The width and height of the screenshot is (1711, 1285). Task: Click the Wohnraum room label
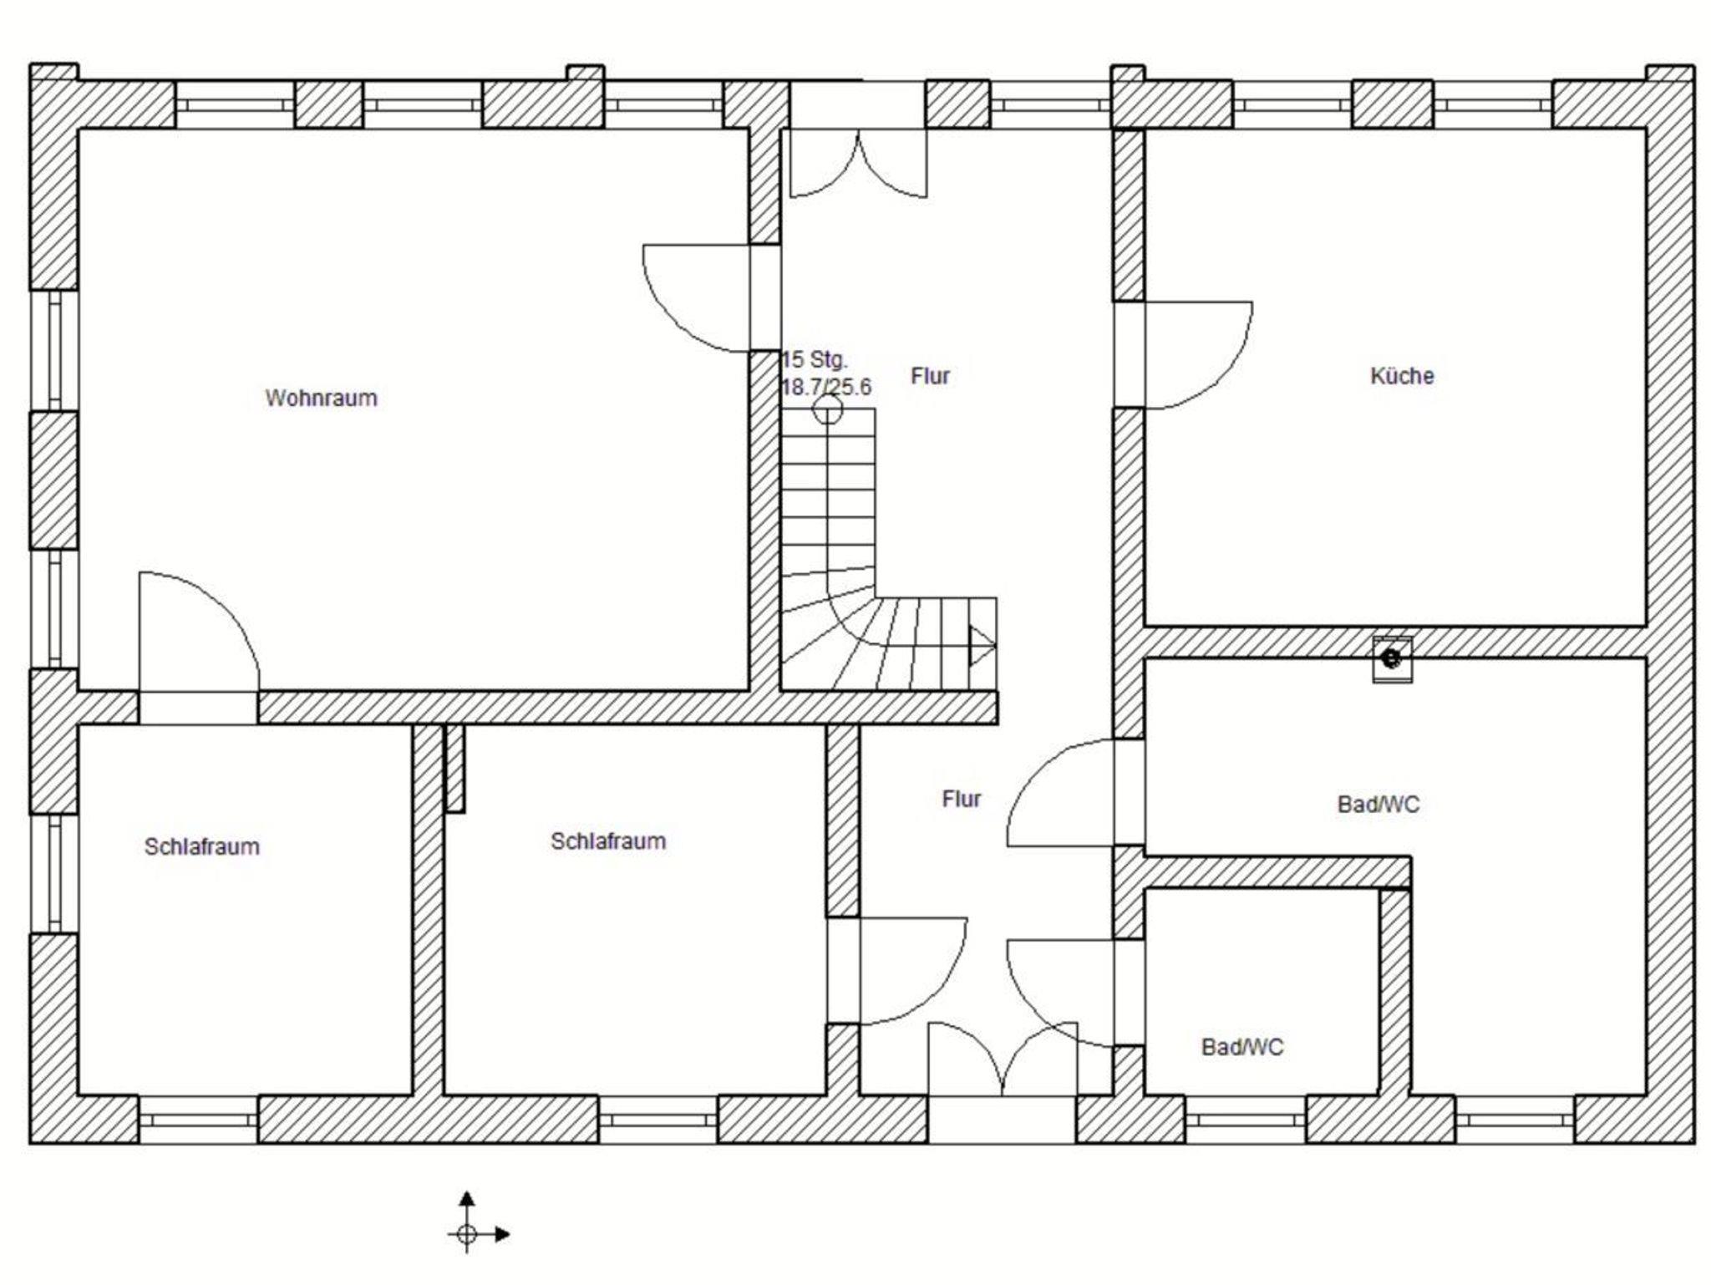322,398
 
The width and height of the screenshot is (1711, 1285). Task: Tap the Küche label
1402,376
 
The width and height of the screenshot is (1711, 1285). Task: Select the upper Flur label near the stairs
930,376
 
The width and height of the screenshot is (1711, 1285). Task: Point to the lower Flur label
961,799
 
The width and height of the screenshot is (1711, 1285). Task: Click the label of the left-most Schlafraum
202,846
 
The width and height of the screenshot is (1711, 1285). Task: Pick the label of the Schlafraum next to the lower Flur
608,841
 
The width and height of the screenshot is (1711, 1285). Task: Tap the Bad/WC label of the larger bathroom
1378,804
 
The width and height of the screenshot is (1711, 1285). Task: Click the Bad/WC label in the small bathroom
1242,1047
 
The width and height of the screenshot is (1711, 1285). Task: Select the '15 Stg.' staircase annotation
815,360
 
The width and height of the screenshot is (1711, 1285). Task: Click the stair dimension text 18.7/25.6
826,387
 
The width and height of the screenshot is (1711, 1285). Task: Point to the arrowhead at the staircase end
982,645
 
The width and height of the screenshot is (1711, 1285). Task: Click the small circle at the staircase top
827,409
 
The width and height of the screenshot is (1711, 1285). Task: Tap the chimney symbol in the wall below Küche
1392,659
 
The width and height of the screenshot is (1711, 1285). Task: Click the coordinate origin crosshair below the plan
467,1233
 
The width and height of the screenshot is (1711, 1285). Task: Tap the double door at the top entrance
859,164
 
